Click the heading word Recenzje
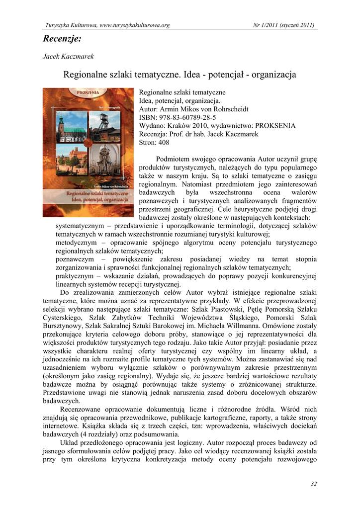(62, 38)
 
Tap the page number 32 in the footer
(313, 484)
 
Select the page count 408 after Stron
(164, 143)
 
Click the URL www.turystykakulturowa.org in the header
(135, 25)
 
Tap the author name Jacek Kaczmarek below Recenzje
(68, 57)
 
